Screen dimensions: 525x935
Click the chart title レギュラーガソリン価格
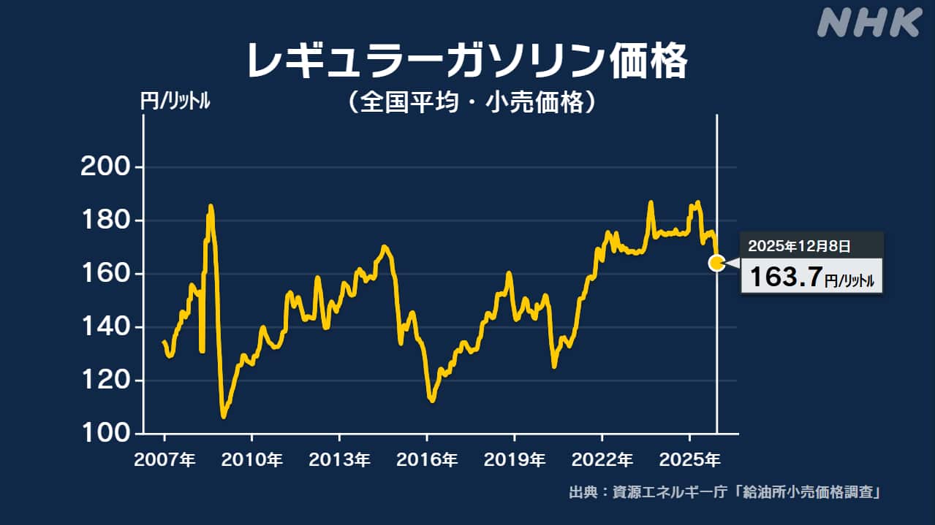pos(466,61)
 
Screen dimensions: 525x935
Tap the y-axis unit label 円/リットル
pos(175,102)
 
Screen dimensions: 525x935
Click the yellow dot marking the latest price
pos(717,263)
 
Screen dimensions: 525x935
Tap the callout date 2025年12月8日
pos(799,246)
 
